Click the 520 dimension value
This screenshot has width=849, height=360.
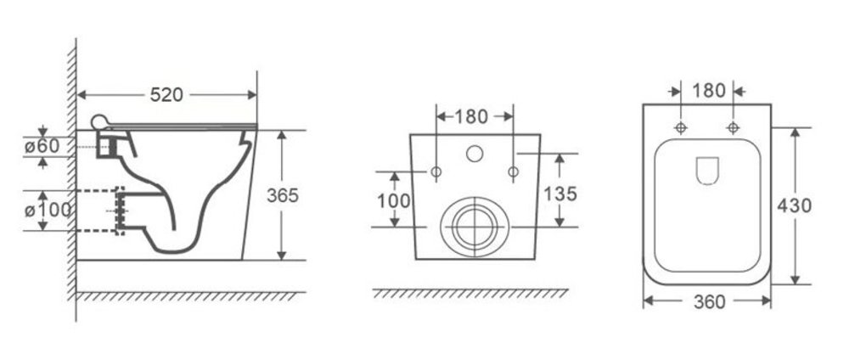[166, 95]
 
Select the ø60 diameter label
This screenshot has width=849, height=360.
[41, 146]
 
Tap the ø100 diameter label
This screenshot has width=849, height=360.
[48, 210]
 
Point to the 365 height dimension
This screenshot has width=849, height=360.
[283, 195]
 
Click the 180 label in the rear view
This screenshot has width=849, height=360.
[471, 116]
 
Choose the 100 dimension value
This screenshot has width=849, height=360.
[394, 201]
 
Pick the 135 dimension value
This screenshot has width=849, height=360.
[559, 194]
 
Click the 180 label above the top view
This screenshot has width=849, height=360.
[709, 90]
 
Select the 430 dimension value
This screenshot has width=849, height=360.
[795, 205]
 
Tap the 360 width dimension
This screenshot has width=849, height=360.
[709, 301]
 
